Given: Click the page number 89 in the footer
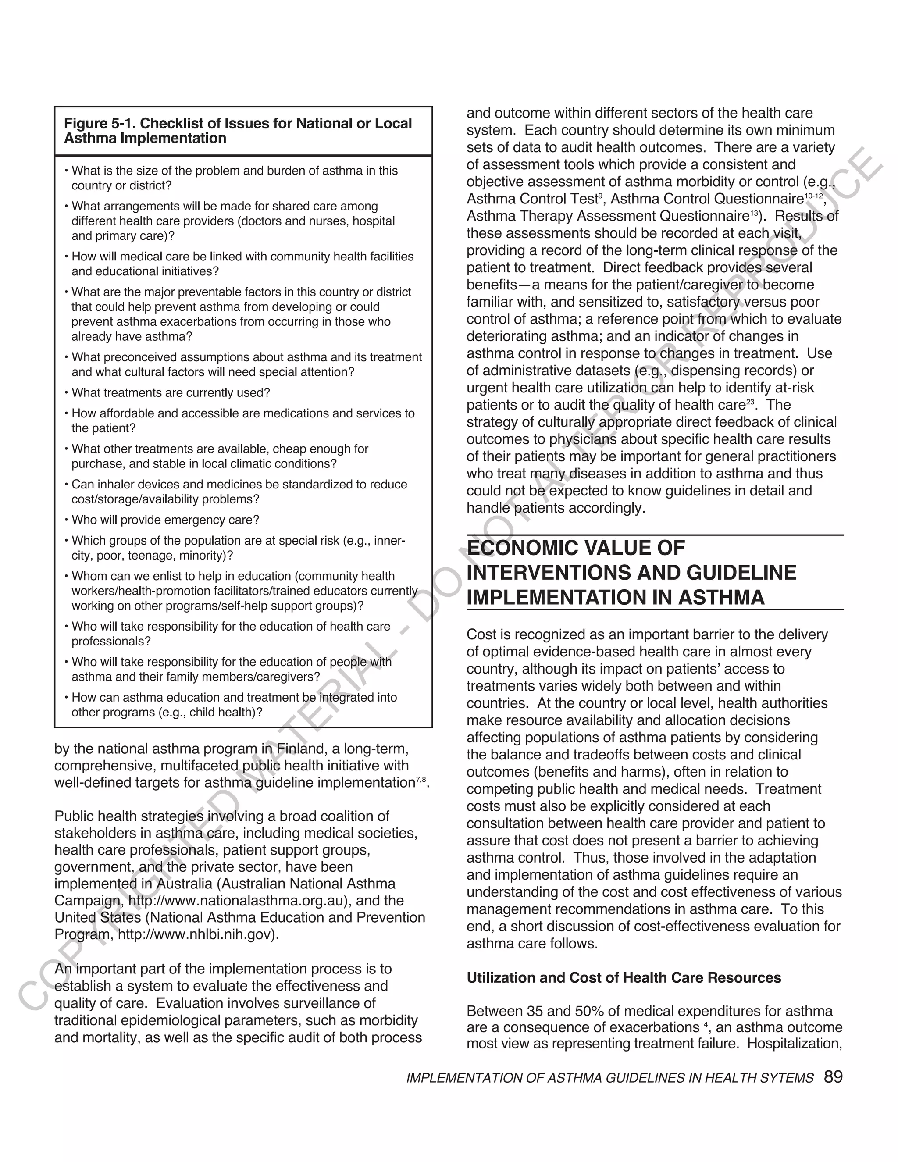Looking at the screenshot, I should (x=833, y=1077).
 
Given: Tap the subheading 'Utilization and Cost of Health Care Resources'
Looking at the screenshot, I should (x=624, y=978).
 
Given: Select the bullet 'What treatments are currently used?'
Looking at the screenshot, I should (x=170, y=392).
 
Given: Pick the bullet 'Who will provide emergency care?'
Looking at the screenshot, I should (x=165, y=520).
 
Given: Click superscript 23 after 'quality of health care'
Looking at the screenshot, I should (x=750, y=402).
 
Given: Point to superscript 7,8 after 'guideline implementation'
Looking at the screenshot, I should (x=421, y=780).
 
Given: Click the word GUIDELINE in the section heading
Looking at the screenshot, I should (x=741, y=573).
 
